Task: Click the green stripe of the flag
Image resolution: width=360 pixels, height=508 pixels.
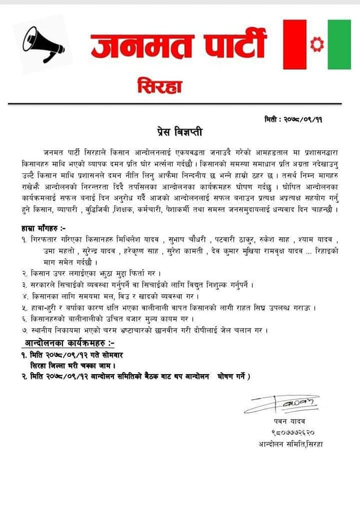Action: [x=339, y=44]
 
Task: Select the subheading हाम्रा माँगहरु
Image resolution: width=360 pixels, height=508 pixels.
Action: [x=40, y=228]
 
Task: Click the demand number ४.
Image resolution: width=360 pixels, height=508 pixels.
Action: [x=24, y=297]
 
